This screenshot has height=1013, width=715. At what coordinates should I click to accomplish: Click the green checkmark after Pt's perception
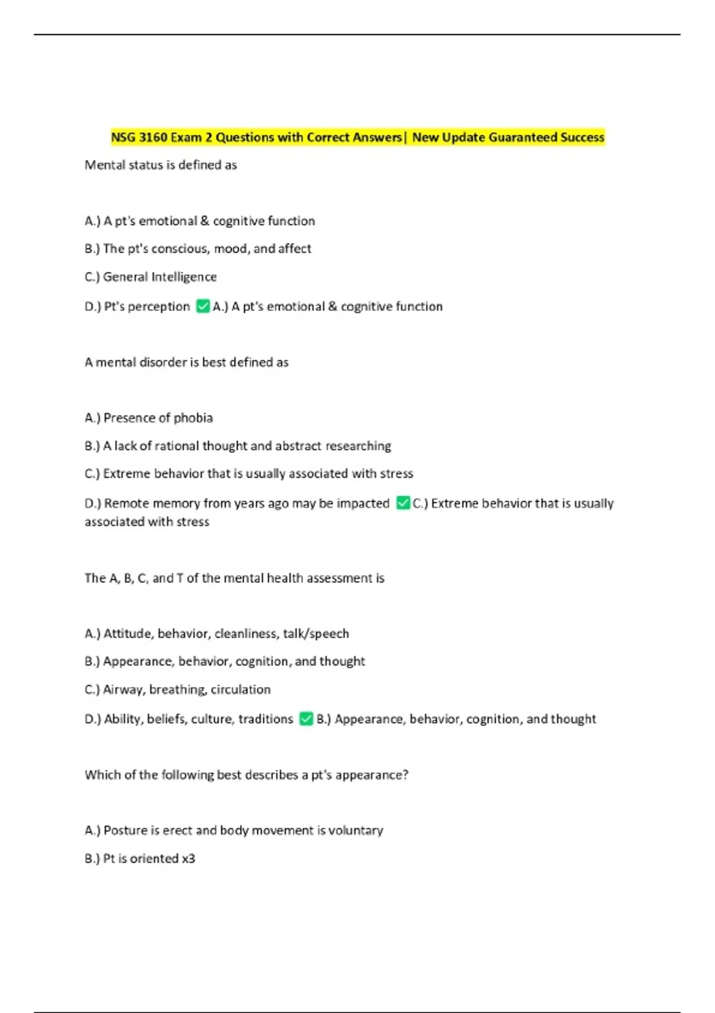point(203,306)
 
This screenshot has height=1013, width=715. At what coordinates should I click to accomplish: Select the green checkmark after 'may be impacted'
point(403,504)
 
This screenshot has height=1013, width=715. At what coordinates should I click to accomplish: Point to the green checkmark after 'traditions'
point(306,719)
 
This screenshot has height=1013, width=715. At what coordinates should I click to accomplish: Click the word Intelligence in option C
point(184,277)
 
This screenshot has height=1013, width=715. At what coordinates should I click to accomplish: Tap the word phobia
point(193,418)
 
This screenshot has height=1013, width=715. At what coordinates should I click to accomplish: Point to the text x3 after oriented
point(188,859)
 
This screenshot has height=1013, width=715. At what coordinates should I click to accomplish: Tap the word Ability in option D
point(123,719)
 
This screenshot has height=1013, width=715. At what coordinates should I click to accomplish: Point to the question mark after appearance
point(405,775)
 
